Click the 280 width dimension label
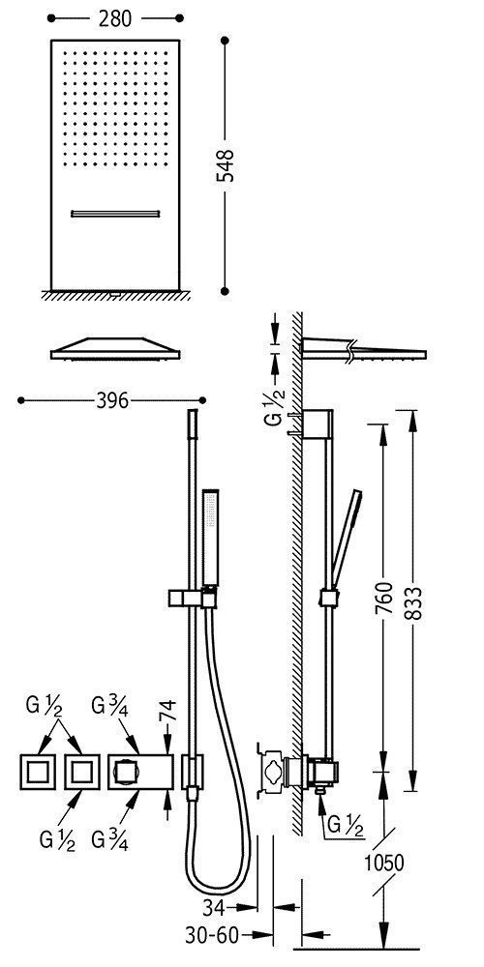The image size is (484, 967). click(x=115, y=18)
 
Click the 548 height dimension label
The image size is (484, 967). click(x=227, y=165)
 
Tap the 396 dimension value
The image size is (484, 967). click(x=113, y=401)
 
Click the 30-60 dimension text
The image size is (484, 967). click(x=212, y=935)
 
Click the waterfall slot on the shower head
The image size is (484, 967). click(x=115, y=214)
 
